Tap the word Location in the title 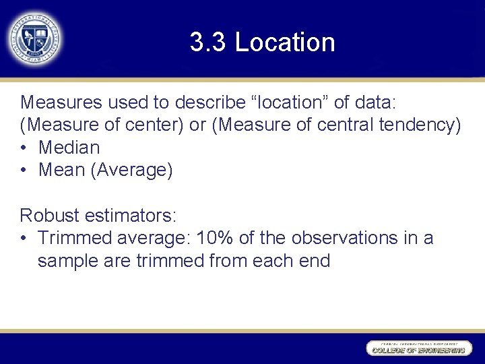pos(285,42)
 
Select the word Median pos(69,148)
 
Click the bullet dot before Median pos(25,148)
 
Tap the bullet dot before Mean pos(25,171)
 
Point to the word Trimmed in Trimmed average pos(75,238)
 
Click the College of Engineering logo pos(417,348)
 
